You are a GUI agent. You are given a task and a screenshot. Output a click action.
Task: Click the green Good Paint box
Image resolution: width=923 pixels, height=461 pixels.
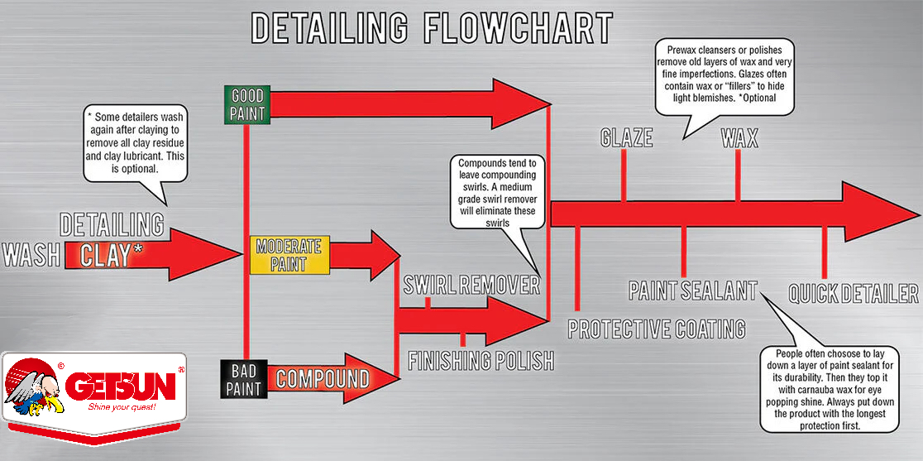click(x=247, y=104)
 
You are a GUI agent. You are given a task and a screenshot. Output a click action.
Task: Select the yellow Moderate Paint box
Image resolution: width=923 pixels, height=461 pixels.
click(x=289, y=255)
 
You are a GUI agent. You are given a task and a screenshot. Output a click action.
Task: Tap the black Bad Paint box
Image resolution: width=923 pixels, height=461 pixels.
click(x=244, y=378)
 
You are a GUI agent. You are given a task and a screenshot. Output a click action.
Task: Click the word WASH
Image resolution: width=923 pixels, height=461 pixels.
click(x=31, y=255)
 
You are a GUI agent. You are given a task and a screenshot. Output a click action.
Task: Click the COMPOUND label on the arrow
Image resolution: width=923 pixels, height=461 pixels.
click(x=323, y=378)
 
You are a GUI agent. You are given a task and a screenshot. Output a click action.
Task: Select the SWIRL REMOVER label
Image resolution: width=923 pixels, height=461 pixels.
click(x=471, y=286)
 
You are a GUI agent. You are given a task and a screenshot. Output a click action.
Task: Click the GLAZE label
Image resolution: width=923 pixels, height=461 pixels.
click(x=626, y=137)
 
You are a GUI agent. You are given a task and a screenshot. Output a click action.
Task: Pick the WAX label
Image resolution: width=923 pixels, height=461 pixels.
click(x=740, y=138)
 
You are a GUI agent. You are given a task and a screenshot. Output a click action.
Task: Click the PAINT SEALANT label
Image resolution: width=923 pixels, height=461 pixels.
click(x=693, y=291)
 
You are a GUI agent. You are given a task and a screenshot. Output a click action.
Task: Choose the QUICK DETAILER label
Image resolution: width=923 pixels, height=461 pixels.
click(x=854, y=293)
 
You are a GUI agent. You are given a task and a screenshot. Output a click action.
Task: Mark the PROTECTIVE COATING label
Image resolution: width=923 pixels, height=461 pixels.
click(x=657, y=329)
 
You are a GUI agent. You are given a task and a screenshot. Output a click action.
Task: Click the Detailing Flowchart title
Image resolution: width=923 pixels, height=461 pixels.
click(x=432, y=27)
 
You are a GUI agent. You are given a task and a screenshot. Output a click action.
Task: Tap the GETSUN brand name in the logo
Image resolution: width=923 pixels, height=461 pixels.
click(x=121, y=386)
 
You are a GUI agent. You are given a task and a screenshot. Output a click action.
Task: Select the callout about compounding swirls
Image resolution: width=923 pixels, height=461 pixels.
click(x=497, y=191)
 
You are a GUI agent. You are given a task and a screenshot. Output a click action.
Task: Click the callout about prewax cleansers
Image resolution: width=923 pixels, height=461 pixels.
click(x=725, y=76)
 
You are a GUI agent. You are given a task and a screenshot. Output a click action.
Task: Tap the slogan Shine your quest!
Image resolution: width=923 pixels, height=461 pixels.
click(x=122, y=407)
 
